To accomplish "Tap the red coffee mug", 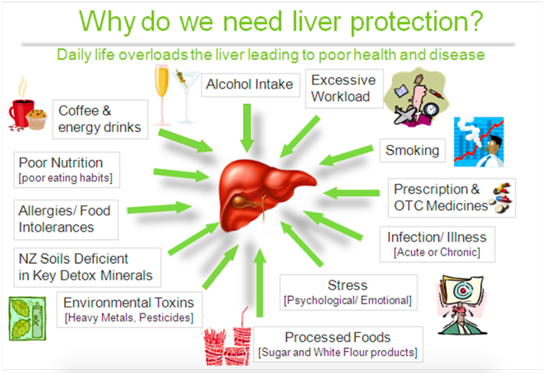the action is click(x=21, y=113).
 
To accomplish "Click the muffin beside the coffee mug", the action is click(x=37, y=119).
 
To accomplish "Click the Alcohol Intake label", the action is click(x=250, y=84).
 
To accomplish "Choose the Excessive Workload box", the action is click(x=344, y=88).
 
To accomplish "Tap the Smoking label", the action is click(x=412, y=151).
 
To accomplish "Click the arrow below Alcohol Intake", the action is click(x=247, y=128).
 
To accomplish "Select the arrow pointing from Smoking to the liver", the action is click(x=346, y=155).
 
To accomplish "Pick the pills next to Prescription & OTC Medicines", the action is click(x=500, y=198).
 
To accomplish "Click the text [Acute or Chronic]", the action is click(x=437, y=252).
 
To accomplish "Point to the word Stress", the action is click(x=348, y=285).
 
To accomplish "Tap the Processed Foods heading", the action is click(x=337, y=337).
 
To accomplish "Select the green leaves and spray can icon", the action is click(x=27, y=319).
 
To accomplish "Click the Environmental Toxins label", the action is click(x=128, y=302).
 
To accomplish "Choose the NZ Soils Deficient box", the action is click(x=87, y=267).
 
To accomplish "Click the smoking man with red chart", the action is click(x=479, y=142).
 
